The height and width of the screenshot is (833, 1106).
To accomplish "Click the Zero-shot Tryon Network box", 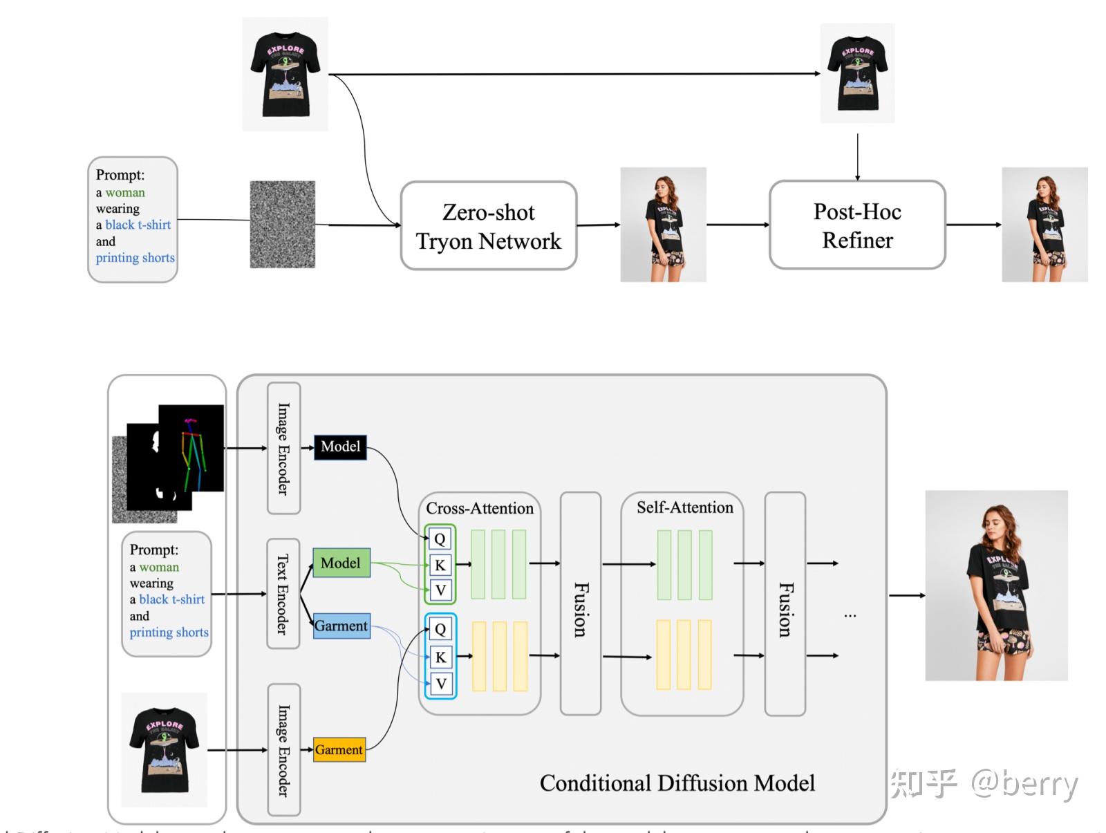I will (489, 225).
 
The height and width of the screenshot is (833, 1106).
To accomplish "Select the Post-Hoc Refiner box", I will (857, 225).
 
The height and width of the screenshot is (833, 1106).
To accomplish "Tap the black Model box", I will (340, 447).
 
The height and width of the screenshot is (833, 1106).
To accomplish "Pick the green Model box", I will (341, 563).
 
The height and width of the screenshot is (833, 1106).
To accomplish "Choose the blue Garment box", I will (341, 626).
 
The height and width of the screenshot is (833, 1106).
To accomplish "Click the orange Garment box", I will (339, 749).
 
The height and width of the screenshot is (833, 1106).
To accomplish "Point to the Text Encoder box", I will (283, 594).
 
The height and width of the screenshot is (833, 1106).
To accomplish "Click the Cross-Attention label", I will (480, 508).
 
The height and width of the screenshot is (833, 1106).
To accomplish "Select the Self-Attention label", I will (684, 507).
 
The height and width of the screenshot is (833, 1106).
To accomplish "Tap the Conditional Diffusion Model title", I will (677, 783).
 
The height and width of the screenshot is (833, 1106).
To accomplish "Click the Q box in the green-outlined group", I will (440, 539).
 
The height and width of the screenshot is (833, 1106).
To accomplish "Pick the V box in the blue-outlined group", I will (440, 684).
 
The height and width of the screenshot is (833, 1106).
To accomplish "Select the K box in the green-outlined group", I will (440, 565).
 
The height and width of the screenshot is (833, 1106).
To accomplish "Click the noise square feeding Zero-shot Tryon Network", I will (282, 225).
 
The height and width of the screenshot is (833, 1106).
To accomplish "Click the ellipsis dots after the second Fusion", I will (850, 615).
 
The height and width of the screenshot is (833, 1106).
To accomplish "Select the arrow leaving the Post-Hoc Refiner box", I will (973, 225).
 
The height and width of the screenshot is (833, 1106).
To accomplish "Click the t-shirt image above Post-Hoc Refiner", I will (857, 73).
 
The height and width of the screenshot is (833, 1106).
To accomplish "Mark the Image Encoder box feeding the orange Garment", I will (283, 750).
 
